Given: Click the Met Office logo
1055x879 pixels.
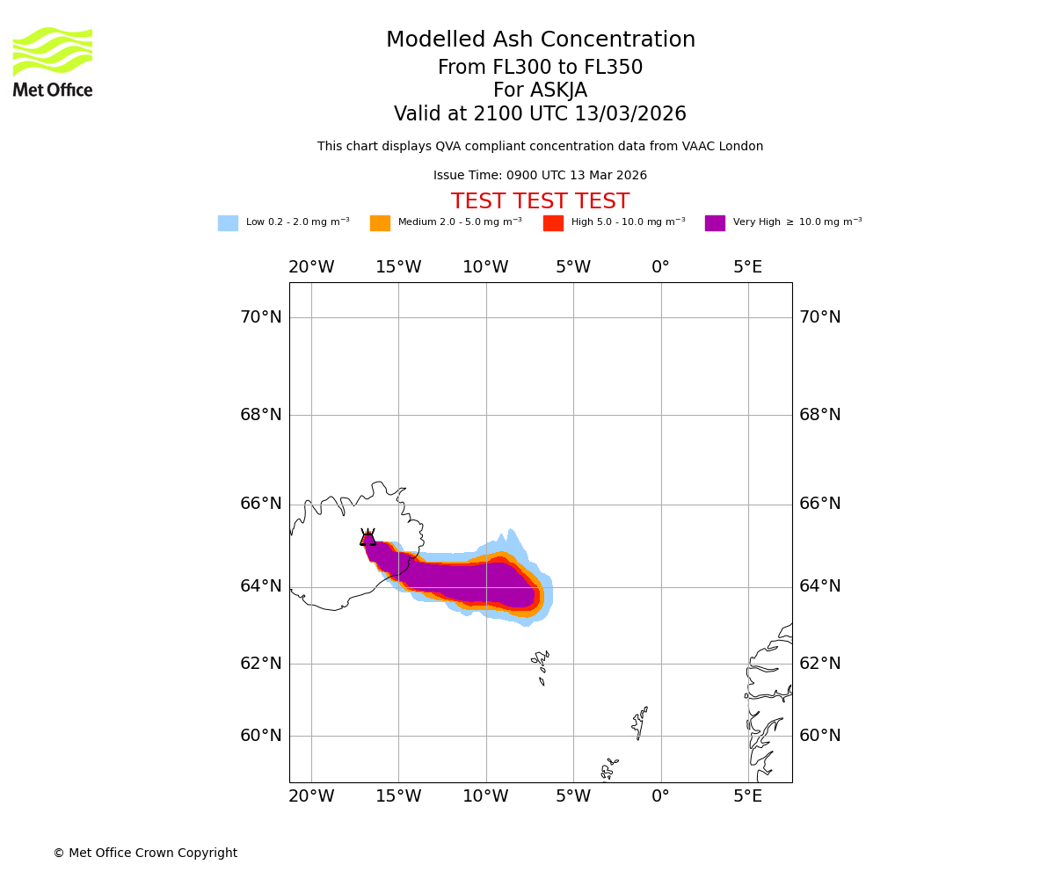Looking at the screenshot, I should (x=53, y=62).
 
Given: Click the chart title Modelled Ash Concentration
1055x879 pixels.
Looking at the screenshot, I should (x=540, y=40).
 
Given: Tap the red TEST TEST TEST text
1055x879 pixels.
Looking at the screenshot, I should (x=540, y=202).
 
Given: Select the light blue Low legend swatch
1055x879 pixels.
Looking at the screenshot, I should (x=228, y=223).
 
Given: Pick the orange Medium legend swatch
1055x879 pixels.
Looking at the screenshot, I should (x=380, y=223).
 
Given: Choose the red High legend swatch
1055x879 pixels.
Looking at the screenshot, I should (x=553, y=223).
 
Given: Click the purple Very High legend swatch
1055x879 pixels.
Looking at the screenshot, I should (x=715, y=223).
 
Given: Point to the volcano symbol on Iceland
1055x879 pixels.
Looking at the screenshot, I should (x=367, y=539).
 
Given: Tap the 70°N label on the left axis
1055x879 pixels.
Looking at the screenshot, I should (x=261, y=317).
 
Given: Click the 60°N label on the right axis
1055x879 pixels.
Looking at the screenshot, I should (x=819, y=736).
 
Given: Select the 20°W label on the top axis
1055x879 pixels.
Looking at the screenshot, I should (x=311, y=267).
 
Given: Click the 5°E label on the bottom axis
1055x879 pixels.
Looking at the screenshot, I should (x=748, y=796).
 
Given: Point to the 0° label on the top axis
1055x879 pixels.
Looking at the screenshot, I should (x=660, y=267).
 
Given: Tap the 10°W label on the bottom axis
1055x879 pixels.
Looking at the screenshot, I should (x=485, y=796).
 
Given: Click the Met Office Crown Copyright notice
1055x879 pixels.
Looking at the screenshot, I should (x=145, y=854).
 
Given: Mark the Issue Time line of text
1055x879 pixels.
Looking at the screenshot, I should (x=540, y=176).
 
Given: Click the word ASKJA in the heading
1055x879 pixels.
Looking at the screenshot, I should (x=563, y=91).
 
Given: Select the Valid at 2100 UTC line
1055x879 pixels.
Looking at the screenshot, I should (x=540, y=114).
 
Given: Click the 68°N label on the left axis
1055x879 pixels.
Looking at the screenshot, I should (x=261, y=415).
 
